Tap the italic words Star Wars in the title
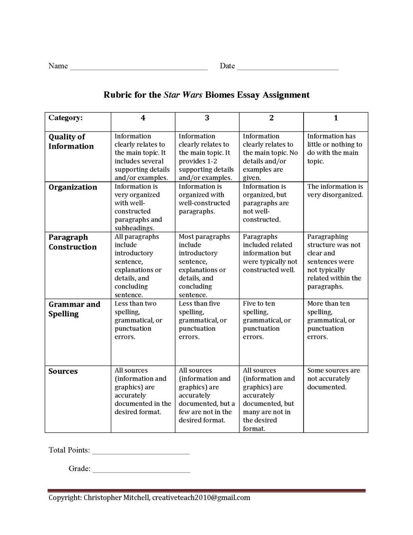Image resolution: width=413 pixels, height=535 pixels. tap(183, 95)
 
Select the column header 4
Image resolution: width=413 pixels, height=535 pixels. tap(143, 118)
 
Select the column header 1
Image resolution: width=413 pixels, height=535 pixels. tap(336, 118)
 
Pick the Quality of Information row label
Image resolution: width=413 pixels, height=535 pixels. tap(71, 141)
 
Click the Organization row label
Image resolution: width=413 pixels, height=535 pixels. tap(73, 187)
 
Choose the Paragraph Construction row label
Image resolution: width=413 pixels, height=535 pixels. tap(72, 242)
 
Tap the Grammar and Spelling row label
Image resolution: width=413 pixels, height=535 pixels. tap(74, 309)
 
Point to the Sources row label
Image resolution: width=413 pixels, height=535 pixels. tap(63, 371)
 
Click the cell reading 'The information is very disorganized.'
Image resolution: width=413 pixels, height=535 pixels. tap(335, 191)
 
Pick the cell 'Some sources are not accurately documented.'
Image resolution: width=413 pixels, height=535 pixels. tap(333, 379)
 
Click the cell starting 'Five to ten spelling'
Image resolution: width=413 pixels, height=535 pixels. tap(267, 320)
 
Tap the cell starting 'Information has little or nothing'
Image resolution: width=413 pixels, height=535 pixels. tap(334, 149)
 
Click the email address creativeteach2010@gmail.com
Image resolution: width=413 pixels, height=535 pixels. tap(201, 497)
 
